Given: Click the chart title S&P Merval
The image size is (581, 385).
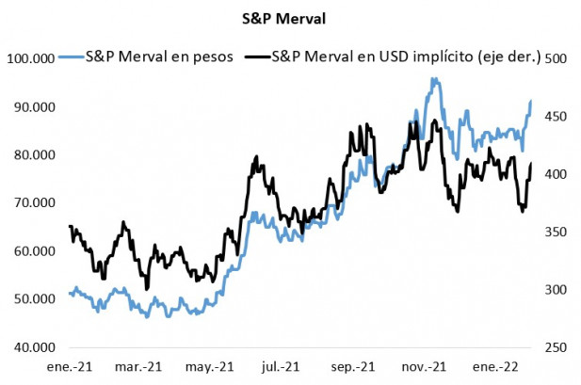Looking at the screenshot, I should coord(290,16).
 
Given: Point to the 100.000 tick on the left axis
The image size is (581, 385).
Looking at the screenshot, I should coord(29,58).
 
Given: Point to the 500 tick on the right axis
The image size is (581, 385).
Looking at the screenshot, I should coord(556,58).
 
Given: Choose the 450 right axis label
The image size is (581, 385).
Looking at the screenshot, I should coord(556,117).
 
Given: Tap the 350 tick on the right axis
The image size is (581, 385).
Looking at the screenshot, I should coord(556,233).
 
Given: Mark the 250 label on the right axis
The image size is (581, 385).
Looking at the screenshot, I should coord(556,347).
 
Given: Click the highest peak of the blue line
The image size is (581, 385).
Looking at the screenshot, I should coord(433,79).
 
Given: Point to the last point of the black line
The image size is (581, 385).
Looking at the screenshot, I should coord(531,164).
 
